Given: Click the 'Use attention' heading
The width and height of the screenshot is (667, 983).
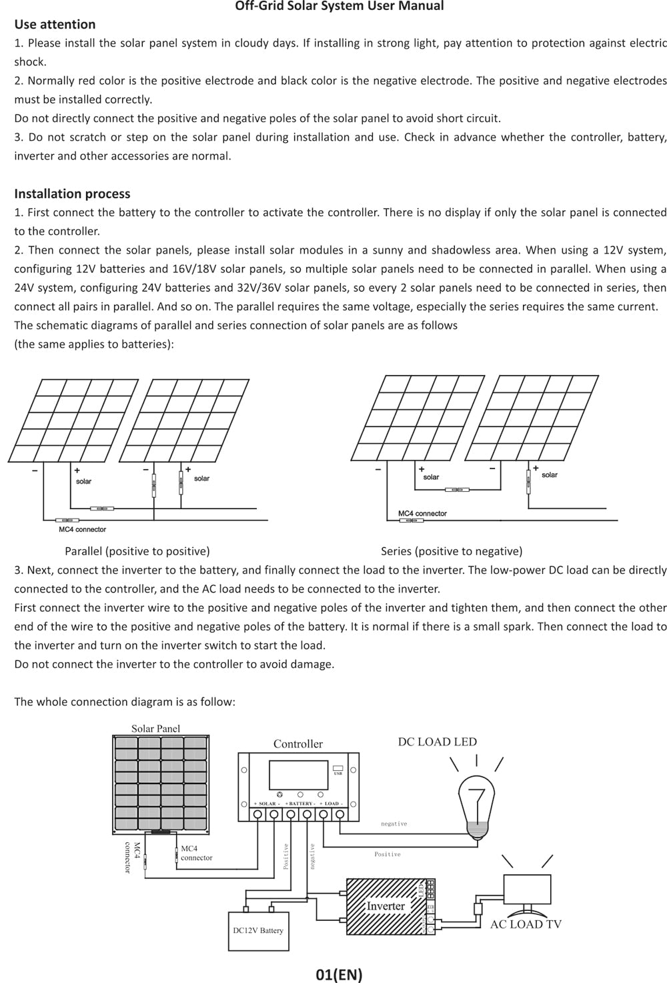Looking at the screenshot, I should tap(55, 25).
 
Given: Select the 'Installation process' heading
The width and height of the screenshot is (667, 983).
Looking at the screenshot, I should tap(72, 194).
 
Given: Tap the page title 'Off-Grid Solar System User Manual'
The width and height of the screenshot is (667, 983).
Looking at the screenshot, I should tap(340, 6).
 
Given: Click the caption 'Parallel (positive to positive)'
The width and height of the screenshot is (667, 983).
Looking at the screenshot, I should tap(137, 551).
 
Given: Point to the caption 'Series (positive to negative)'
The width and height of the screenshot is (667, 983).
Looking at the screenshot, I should tap(452, 551).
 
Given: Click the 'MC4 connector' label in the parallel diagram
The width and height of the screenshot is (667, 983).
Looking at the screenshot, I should tap(82, 529).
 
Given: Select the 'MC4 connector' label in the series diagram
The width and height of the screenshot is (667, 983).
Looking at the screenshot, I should tap(422, 513).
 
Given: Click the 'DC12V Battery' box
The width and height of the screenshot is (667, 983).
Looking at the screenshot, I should tap(258, 930).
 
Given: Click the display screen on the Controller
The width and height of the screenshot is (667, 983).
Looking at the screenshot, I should tap(298, 775).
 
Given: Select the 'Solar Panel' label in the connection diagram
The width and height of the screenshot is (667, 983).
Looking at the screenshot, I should tap(155, 729).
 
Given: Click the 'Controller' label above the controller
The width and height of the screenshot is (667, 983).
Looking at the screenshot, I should tap(297, 744).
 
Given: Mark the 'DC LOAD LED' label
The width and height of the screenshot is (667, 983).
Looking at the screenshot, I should tap(437, 742).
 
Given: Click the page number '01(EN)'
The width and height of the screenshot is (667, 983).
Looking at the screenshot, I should tap(339, 974).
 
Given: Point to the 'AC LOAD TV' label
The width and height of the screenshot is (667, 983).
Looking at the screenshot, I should tap(526, 924).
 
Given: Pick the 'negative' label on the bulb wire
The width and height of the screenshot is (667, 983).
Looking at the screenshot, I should tap(394, 824).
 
